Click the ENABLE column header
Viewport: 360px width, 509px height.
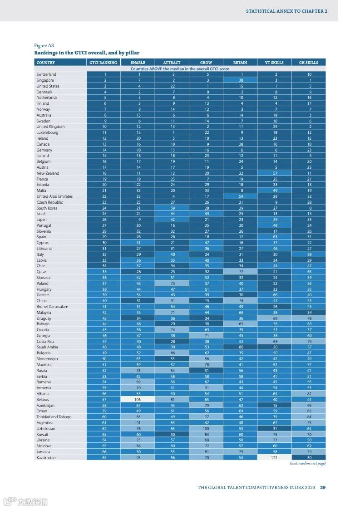click(138, 63)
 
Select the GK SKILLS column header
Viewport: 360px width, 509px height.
click(309, 63)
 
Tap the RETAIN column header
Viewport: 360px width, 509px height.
click(240, 63)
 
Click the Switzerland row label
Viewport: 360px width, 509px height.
click(46, 74)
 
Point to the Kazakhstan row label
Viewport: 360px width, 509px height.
click(46, 458)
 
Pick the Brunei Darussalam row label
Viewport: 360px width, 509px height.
click(52, 307)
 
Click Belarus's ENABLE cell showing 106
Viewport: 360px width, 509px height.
click(138, 400)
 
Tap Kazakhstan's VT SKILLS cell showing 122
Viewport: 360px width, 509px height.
click(274, 458)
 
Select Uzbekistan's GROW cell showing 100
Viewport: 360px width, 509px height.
click(206, 429)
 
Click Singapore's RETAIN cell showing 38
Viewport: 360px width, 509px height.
click(240, 80)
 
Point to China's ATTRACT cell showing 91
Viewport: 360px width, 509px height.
click(172, 301)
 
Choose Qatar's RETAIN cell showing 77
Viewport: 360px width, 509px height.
click(240, 272)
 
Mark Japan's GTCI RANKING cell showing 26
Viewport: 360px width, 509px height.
click(105, 220)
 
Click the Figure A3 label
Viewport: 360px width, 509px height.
click(44, 45)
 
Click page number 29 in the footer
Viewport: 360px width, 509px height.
click(323, 488)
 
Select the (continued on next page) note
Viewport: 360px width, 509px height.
click(307, 464)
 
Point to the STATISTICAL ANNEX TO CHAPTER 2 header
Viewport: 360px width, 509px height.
click(286, 11)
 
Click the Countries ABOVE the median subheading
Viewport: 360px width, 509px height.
click(180, 69)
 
